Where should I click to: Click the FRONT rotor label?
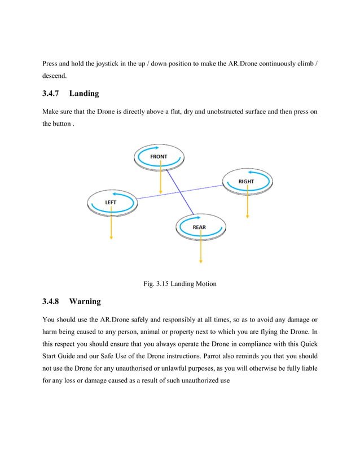tap(159, 156)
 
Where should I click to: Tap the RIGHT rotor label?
tap(246, 181)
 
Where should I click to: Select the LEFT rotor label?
tap(111, 201)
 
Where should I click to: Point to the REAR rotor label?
tap(199, 227)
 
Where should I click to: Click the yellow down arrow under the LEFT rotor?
tap(111, 226)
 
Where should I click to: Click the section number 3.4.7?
tap(53, 93)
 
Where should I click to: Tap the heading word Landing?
tap(84, 93)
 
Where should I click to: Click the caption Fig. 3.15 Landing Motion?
tap(180, 284)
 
